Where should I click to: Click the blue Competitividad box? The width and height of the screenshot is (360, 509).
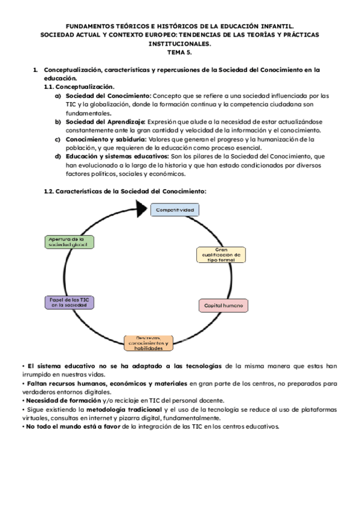click(x=175, y=210)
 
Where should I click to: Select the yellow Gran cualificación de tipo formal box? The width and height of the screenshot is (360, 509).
click(x=221, y=255)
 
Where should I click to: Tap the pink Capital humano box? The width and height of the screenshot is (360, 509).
click(x=223, y=306)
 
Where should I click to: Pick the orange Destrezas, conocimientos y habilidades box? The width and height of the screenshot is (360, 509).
click(x=149, y=343)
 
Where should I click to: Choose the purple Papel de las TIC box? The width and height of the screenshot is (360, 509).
click(x=70, y=302)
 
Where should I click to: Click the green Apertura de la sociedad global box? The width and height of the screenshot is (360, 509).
click(x=69, y=242)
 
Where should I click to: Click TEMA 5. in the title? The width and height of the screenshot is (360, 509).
click(x=180, y=52)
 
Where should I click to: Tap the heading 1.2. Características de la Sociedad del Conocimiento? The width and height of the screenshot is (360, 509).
click(x=125, y=191)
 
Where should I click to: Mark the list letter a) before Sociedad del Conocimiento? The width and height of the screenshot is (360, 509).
click(x=58, y=95)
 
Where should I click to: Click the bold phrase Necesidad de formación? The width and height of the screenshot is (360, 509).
click(x=57, y=401)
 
